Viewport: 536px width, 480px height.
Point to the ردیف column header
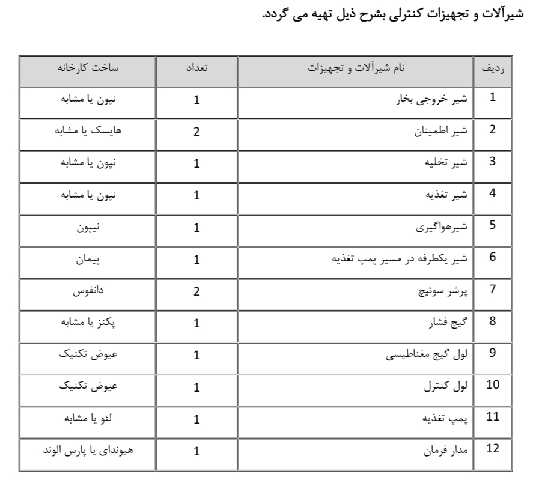[493, 69]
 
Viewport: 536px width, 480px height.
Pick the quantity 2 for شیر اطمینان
[196, 132]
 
